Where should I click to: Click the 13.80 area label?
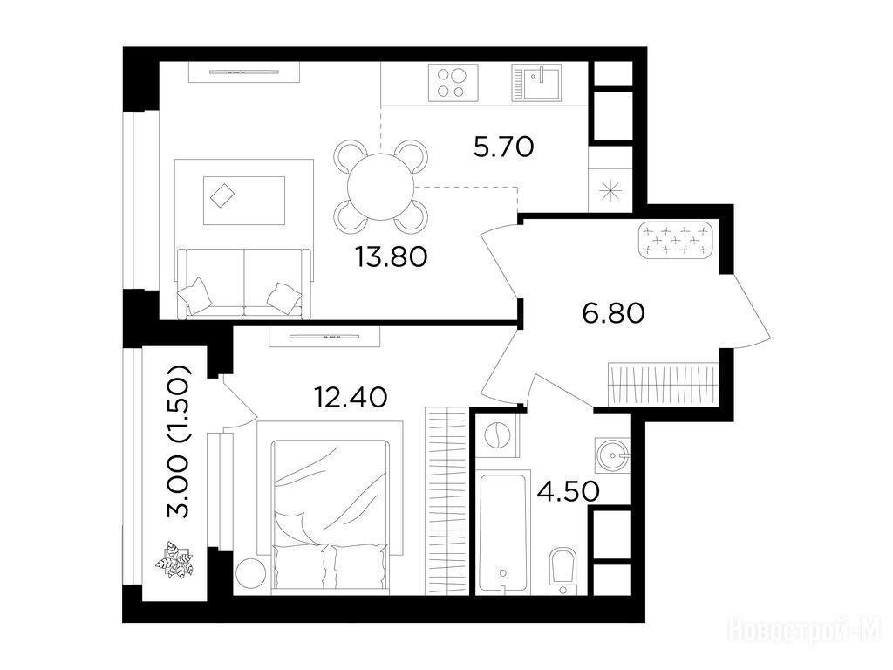391,257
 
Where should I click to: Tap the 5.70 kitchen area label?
503,147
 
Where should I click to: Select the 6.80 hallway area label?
613,313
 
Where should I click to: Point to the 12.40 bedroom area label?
351,397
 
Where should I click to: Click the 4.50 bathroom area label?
569,491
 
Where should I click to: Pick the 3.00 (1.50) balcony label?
178,441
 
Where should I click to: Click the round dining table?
381,187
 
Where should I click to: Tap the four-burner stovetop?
453,83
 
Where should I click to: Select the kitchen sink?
536,83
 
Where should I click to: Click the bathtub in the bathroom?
502,533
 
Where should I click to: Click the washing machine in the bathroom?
497,436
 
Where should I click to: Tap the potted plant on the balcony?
175,559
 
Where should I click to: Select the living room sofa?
245,283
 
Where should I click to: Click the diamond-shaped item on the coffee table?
222,196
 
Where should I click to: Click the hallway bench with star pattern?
676,240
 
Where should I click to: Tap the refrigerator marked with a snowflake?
610,190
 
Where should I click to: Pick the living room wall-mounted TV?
244,72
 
